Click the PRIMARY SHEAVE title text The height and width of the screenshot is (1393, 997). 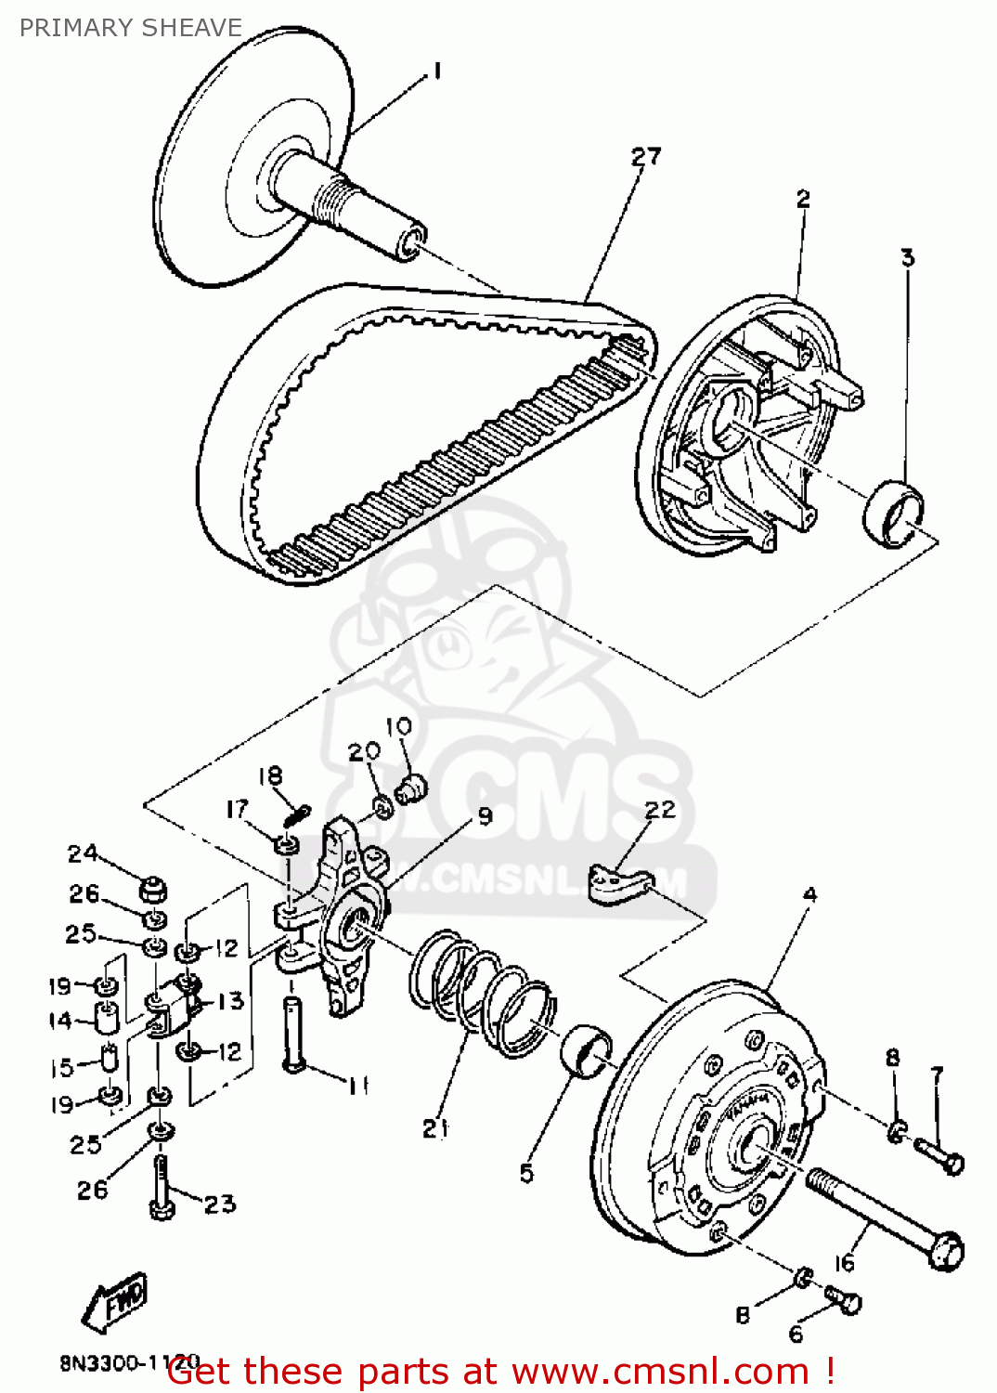point(131,28)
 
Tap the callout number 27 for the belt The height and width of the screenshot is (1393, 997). point(646,157)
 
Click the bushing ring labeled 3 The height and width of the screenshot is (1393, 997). point(895,514)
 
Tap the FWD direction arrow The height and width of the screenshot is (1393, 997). point(114,1300)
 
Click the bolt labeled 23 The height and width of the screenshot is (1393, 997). point(161,1188)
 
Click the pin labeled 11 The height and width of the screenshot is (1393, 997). point(293,1034)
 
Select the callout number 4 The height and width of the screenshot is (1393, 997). point(809,895)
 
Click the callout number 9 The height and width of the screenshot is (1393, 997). point(485,816)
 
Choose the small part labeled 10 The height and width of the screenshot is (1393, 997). point(409,789)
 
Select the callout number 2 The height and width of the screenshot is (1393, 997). point(803,199)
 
